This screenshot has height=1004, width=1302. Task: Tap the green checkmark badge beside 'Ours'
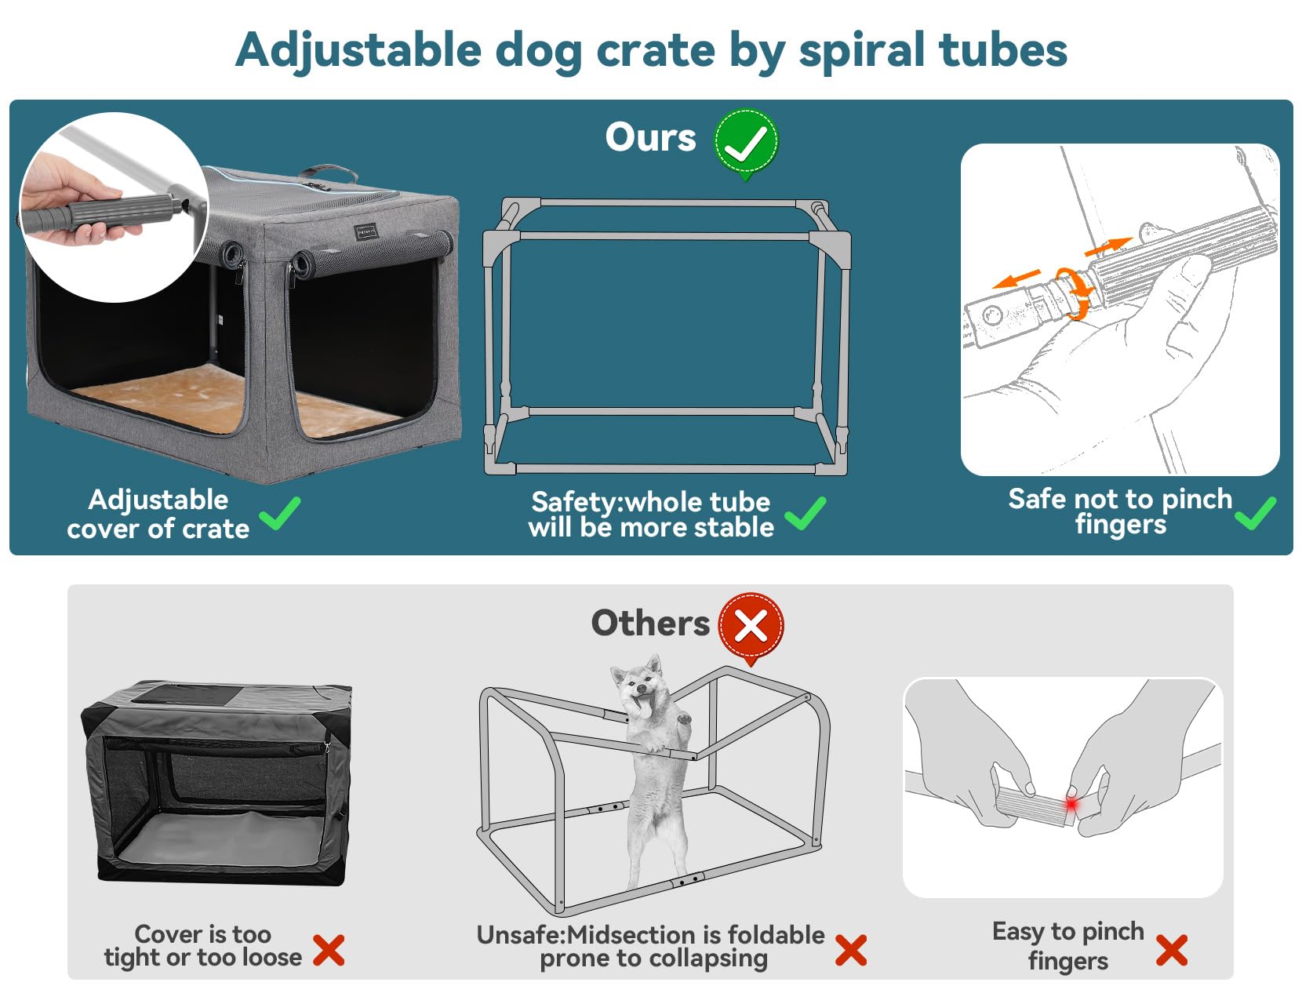coord(745,142)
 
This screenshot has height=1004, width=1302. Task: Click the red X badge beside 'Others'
coord(751,627)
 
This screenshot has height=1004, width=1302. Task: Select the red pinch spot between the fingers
coord(1071,806)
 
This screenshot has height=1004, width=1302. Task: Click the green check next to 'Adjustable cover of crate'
coord(281,514)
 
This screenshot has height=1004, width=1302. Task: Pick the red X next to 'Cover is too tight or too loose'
coord(329,950)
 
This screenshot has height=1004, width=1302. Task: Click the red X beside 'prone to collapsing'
coord(851,950)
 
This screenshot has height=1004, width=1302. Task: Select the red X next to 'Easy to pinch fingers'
coord(1172,950)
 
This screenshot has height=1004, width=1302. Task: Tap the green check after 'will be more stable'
coord(806,514)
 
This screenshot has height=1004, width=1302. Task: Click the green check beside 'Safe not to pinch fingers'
coord(1256,514)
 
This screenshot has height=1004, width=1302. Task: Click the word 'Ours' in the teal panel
coord(650,138)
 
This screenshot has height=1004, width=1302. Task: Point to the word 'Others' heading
coord(650,624)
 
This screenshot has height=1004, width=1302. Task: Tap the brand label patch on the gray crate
coord(366,231)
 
